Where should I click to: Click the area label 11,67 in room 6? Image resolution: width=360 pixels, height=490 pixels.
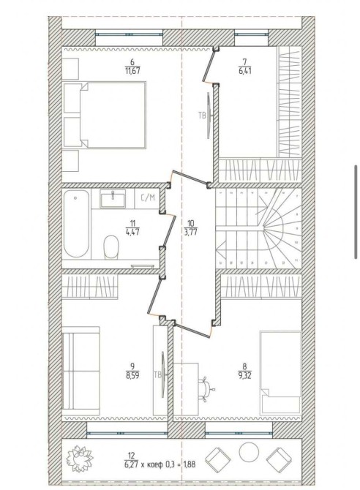point(132,71)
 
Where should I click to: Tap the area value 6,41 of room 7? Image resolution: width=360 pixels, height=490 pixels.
point(244,71)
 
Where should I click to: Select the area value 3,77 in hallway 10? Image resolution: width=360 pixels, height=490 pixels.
point(191,233)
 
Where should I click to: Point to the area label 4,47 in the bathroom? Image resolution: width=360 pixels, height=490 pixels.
point(132,233)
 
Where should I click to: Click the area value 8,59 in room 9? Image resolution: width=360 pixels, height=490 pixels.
point(132,375)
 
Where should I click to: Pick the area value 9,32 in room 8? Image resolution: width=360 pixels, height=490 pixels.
point(244,375)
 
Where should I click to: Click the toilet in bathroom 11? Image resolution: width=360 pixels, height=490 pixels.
point(111,247)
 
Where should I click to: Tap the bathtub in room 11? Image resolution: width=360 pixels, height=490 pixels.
point(76,224)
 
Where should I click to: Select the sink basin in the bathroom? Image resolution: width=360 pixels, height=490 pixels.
point(113,198)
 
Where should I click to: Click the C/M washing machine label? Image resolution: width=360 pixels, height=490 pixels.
point(148,197)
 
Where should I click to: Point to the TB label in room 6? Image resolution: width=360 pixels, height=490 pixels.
point(202,116)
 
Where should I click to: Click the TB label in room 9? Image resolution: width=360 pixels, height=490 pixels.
point(157,375)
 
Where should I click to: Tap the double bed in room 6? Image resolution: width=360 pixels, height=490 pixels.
point(105,114)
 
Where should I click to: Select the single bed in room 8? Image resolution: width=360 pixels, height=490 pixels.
point(280,373)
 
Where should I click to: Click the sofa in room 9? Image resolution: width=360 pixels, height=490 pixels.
point(81,372)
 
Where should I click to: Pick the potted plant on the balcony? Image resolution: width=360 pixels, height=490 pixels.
point(80,459)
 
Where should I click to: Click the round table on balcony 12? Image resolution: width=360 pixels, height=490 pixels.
point(249,452)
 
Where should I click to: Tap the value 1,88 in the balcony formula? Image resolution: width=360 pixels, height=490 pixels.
point(189,464)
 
